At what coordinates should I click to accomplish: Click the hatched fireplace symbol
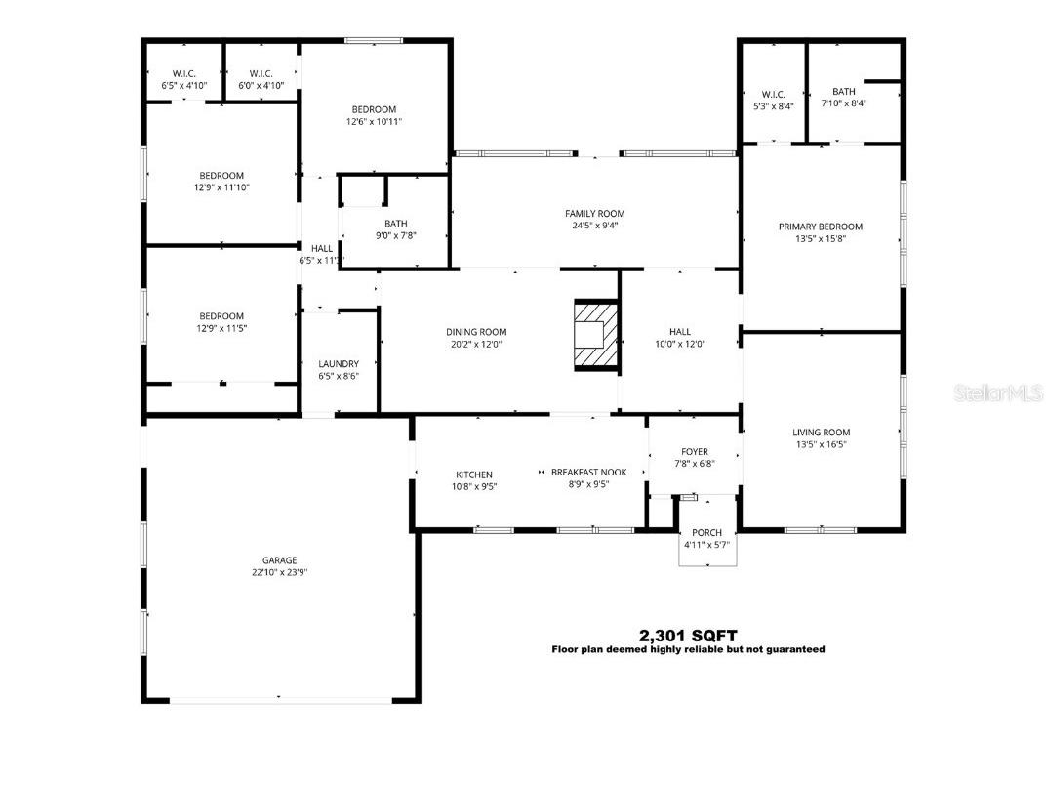pos(595,336)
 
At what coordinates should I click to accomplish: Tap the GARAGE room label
pos(279,560)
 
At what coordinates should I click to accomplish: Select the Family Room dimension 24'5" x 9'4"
pos(594,226)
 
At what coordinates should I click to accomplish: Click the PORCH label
pos(707,532)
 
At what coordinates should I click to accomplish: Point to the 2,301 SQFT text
pos(688,635)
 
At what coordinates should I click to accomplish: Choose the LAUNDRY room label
pos(339,364)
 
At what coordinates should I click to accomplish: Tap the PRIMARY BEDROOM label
pos(821,227)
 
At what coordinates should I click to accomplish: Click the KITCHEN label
pos(474,475)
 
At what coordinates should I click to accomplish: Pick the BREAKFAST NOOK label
pos(588,472)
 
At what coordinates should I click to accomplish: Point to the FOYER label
pos(694,452)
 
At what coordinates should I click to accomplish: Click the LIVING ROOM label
pos(821,433)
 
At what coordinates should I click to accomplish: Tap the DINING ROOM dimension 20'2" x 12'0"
pos(476,344)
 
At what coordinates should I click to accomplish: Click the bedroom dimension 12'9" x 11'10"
pos(221,187)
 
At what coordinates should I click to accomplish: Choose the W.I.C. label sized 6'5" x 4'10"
pos(184,86)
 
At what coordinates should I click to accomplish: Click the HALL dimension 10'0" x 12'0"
pos(680,344)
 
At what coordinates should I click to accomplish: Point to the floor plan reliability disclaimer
pos(688,649)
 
